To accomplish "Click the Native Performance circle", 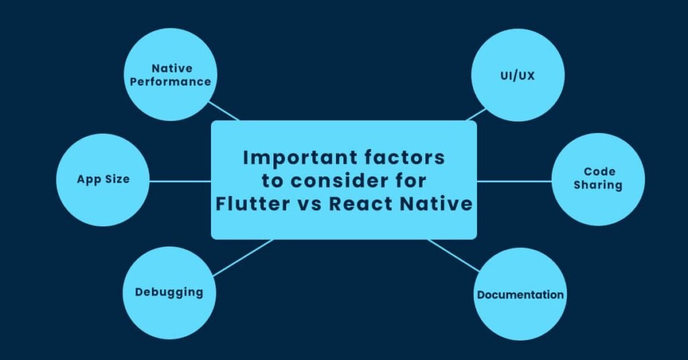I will coord(171,75).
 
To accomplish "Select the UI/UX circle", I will coord(517,75).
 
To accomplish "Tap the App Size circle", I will coord(103,180).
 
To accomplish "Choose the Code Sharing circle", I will coord(598,179).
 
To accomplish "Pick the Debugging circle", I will coord(169,291).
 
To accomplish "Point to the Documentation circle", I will coord(520,294).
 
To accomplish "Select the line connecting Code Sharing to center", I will coord(514,181).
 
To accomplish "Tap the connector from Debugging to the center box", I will coord(242,258).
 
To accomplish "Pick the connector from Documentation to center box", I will coord(454,255).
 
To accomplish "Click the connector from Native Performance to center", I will coord(224,111).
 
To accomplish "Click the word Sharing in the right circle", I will coord(598,185).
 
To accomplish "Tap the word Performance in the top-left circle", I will coord(171,81).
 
